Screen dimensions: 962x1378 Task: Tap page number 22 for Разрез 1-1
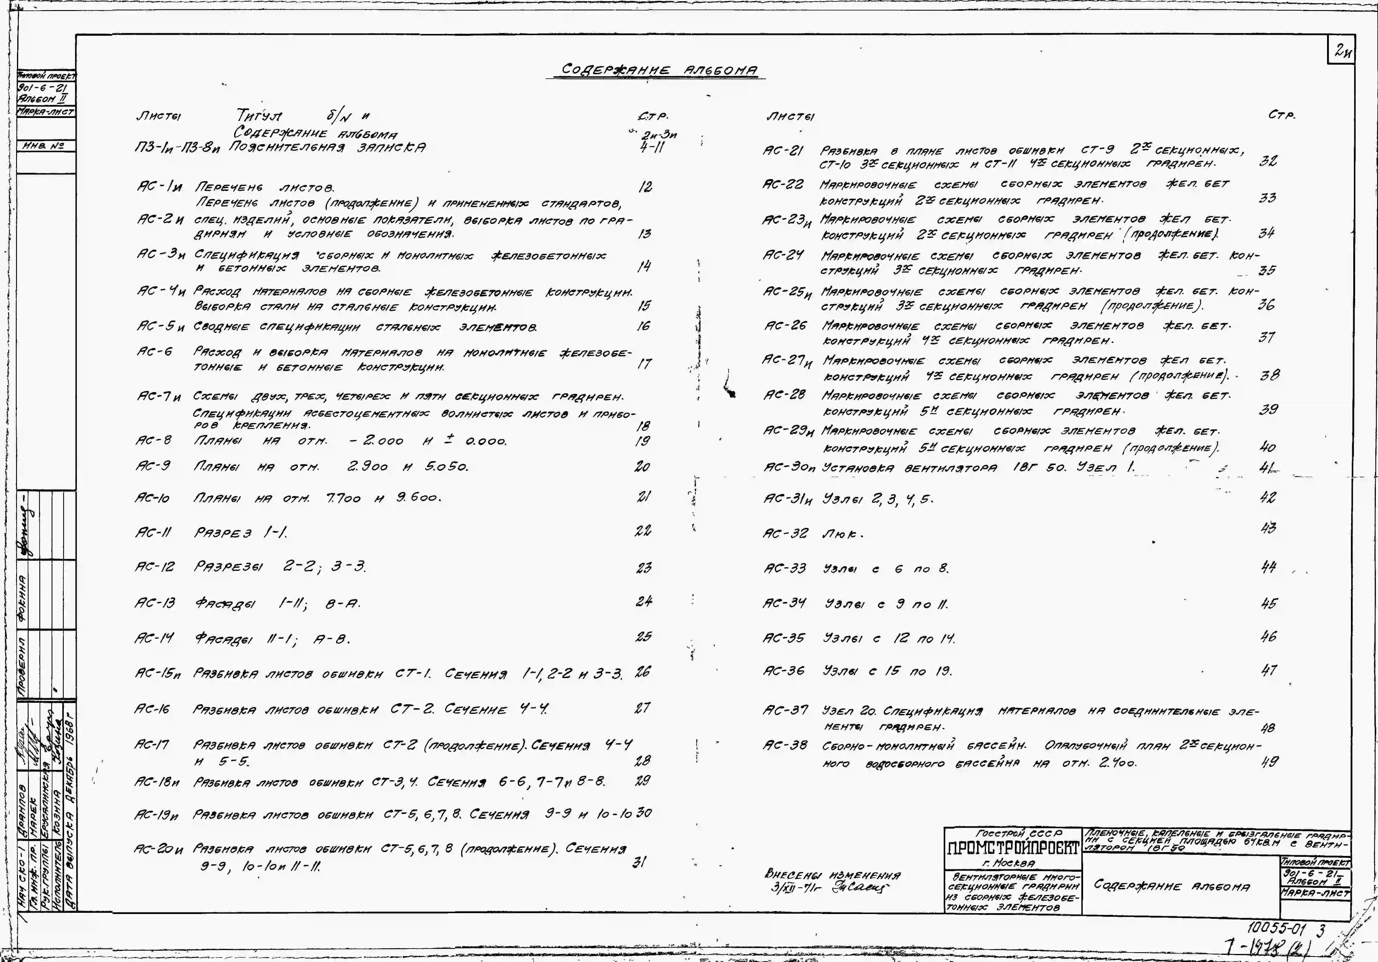(643, 531)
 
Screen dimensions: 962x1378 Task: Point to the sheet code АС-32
(785, 534)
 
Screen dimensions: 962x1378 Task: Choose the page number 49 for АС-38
(1269, 761)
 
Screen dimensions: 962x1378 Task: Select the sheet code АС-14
(154, 637)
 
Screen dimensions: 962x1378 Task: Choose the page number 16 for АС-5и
(643, 326)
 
